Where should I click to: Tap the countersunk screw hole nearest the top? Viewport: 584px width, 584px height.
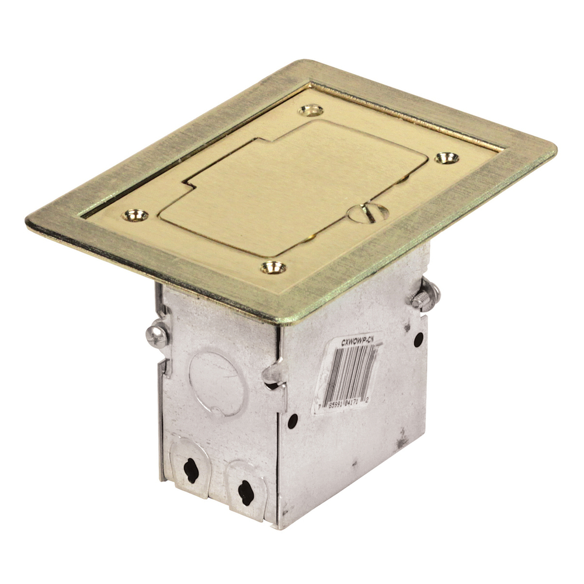pyautogui.click(x=311, y=109)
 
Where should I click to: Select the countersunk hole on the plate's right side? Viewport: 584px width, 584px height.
pyautogui.click(x=446, y=158)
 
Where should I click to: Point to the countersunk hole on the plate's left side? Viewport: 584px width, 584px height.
pyautogui.click(x=134, y=215)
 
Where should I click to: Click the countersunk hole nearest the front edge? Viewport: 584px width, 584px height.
pyautogui.click(x=273, y=267)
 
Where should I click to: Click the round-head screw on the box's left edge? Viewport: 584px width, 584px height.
pyautogui.click(x=157, y=335)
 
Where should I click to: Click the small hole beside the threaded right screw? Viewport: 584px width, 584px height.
pyautogui.click(x=418, y=339)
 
